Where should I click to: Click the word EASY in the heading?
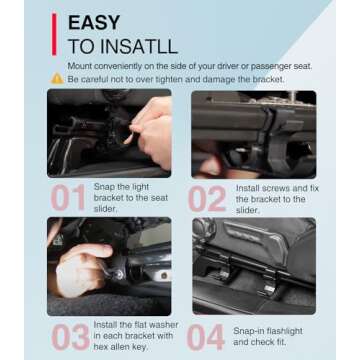(x=94, y=23)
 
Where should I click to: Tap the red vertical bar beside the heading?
(x=54, y=34)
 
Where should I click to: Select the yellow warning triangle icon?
(x=57, y=79)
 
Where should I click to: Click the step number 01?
(x=68, y=198)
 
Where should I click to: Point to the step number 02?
(x=207, y=199)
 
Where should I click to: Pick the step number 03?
(x=70, y=337)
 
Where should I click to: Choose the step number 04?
(x=205, y=337)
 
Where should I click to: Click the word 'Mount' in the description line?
(x=79, y=66)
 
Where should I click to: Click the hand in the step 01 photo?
(x=152, y=132)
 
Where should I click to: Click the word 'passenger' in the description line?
(x=271, y=67)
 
